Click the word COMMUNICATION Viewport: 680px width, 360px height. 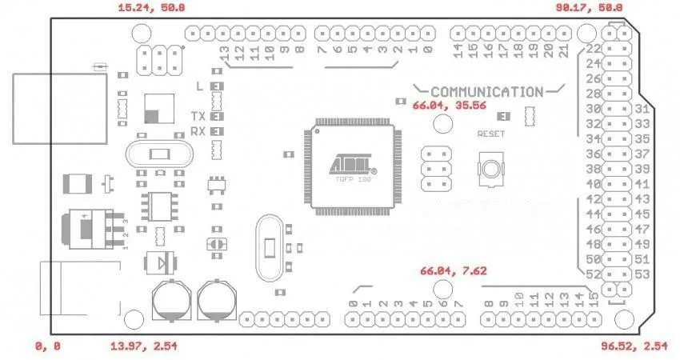pos(486,92)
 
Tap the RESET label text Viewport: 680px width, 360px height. pos(490,134)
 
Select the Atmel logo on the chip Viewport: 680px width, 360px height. pos(353,165)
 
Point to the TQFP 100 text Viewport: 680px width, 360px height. pos(353,181)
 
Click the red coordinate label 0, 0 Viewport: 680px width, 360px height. pos(46,346)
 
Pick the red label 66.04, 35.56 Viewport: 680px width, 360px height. pos(449,105)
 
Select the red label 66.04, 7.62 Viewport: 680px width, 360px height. pos(453,271)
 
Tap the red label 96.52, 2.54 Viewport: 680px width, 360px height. pos(634,346)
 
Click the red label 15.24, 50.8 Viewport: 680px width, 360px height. pos(151,7)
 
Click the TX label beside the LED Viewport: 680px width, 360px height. pos(198,116)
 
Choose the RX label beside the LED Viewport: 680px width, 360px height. pos(198,131)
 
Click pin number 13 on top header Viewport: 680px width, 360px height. pos(226,54)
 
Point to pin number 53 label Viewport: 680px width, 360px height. pos(641,274)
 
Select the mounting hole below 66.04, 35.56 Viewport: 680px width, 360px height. pos(442,123)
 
